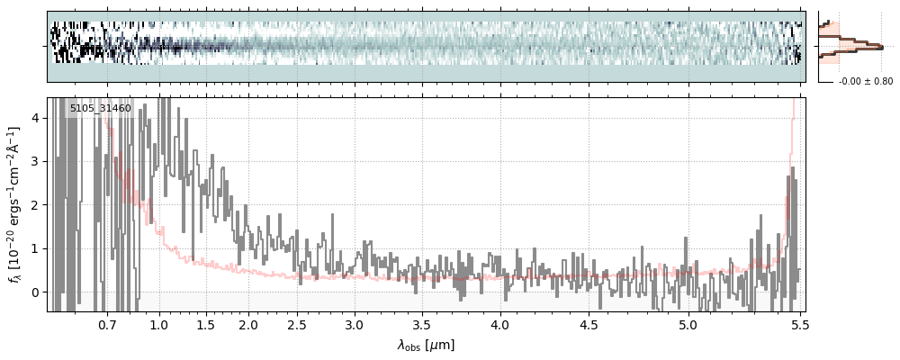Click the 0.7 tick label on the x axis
(x=107, y=324)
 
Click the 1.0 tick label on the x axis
(x=158, y=324)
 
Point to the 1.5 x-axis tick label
(x=205, y=324)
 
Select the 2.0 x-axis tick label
(x=248, y=324)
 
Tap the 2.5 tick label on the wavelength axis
(x=297, y=324)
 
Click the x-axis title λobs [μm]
(x=426, y=345)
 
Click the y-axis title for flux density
(x=15, y=204)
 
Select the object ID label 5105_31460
(x=101, y=109)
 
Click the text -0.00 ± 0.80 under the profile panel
(x=865, y=81)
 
